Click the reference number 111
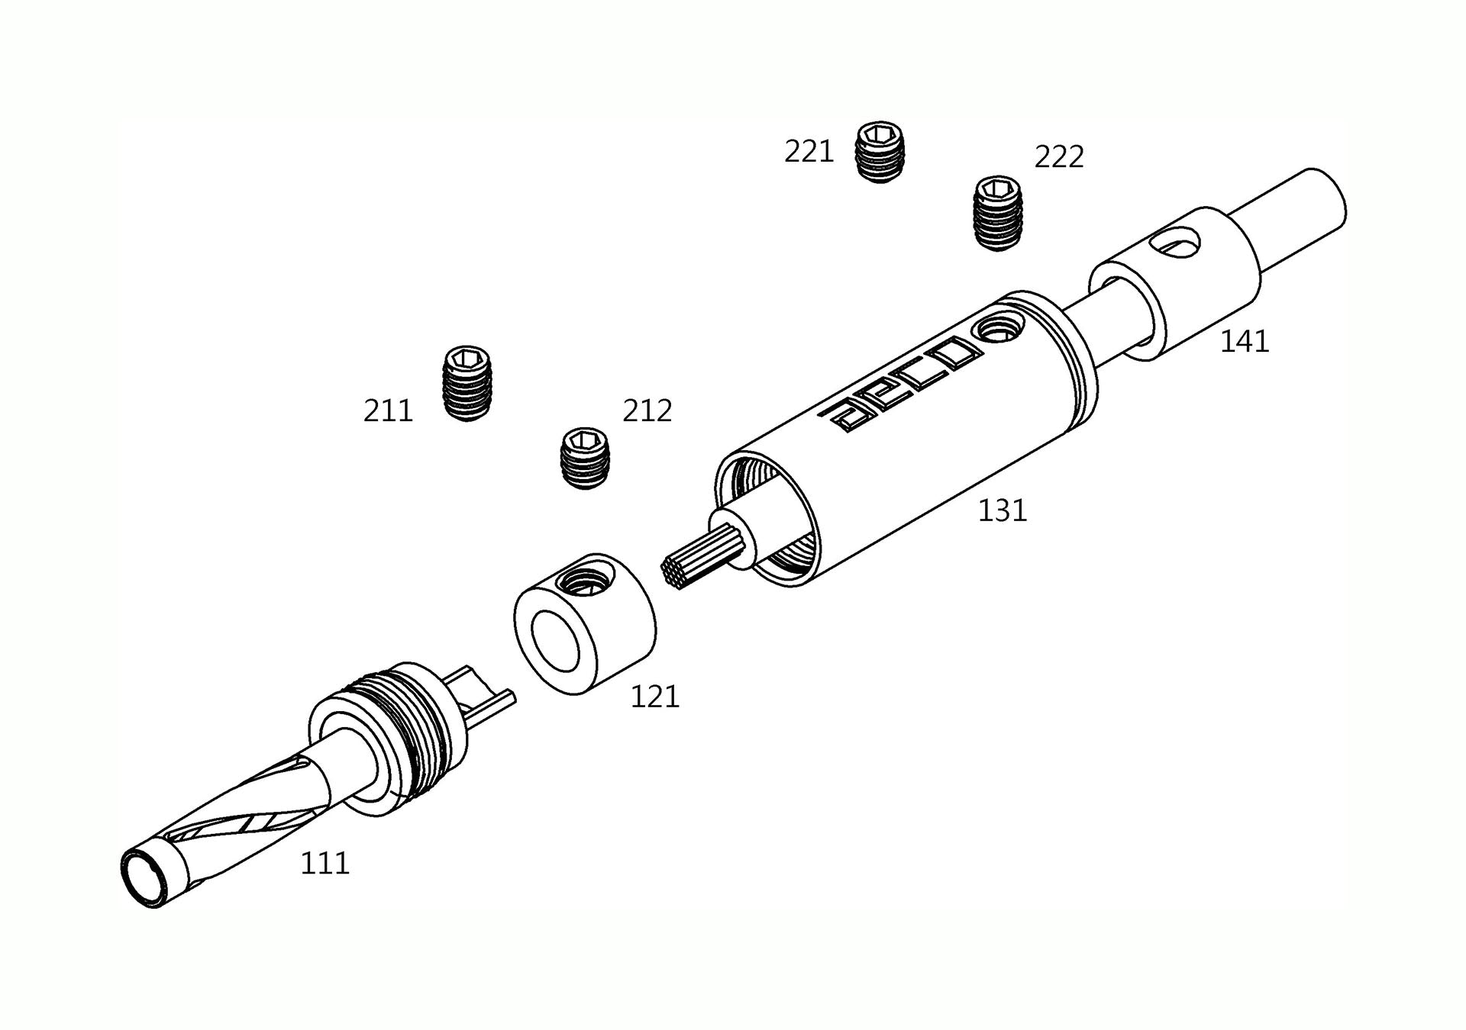(325, 863)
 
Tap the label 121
(654, 697)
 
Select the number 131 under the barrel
(1003, 510)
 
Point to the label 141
(1245, 341)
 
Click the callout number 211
(388, 411)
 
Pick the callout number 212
(647, 410)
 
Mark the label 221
(809, 152)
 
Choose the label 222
(1059, 156)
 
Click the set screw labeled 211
(467, 383)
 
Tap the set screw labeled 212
(586, 458)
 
